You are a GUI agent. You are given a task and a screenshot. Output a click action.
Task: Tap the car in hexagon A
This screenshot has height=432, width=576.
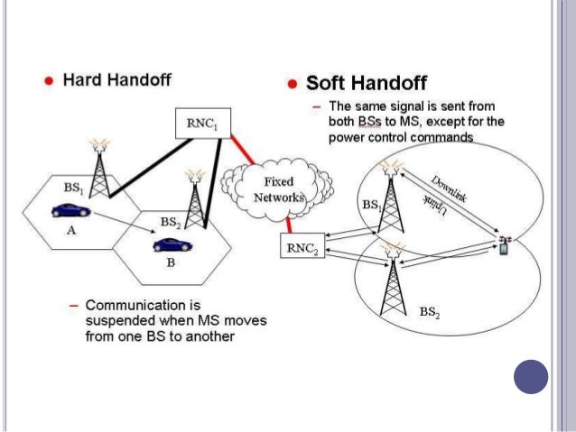tap(70, 211)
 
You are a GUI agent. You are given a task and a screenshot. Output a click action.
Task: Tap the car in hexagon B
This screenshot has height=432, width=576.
tap(171, 244)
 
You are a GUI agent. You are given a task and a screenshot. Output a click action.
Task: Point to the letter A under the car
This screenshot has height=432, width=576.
tap(70, 231)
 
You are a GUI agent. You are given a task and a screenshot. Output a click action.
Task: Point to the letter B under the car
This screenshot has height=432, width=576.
tap(170, 264)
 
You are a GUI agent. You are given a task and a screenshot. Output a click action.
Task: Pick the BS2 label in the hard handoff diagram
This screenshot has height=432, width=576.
tap(170, 221)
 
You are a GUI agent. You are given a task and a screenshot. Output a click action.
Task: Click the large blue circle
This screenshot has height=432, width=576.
tap(530, 376)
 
